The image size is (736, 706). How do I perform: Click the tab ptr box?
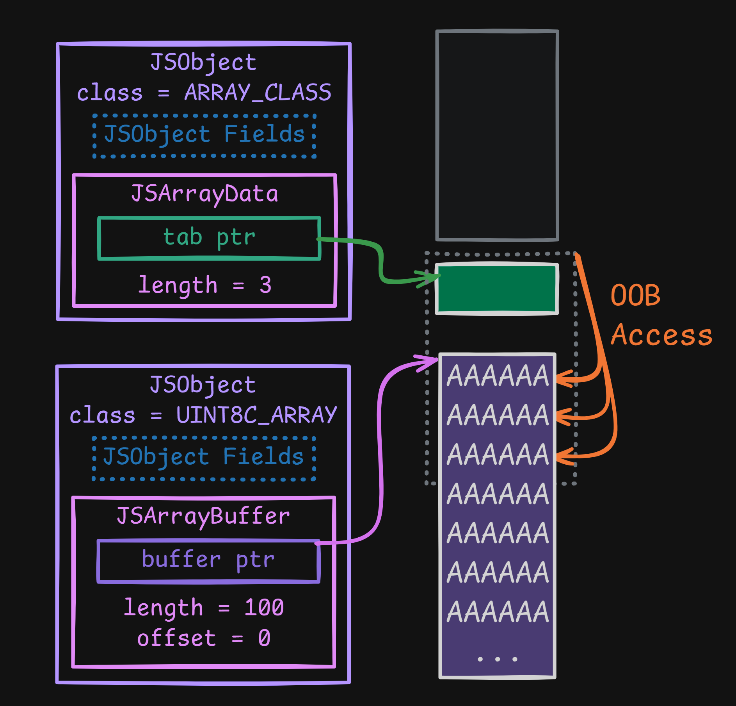(x=209, y=238)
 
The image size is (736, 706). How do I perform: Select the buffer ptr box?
(x=208, y=561)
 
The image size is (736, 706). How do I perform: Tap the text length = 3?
(x=204, y=285)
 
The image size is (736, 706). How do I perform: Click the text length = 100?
(x=204, y=608)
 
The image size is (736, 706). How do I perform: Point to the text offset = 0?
(x=204, y=638)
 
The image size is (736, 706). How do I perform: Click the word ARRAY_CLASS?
(x=258, y=93)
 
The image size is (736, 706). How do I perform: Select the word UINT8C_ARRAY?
(x=256, y=415)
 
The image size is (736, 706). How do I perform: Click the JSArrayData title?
(x=204, y=194)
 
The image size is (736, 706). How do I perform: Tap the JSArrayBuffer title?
(x=203, y=516)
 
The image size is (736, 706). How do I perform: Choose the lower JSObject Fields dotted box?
(x=203, y=458)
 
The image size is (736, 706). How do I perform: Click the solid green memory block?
(x=497, y=289)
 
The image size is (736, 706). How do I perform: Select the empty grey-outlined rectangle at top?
(x=497, y=135)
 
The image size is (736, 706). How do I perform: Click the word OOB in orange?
(x=635, y=295)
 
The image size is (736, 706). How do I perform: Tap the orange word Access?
(x=661, y=335)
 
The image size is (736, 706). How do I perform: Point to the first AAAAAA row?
(x=498, y=376)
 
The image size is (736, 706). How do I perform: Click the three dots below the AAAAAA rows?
(x=498, y=659)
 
